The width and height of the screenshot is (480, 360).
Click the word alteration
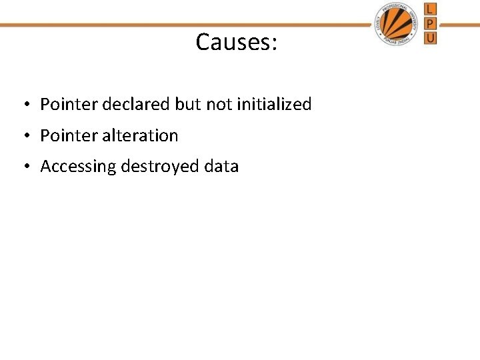tap(141, 135)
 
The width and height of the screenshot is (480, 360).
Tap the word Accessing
tap(78, 167)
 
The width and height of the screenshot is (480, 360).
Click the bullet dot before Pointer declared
tap(23, 105)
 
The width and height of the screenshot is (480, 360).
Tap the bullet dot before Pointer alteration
tap(23, 136)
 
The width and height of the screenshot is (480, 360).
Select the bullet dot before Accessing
tap(23, 167)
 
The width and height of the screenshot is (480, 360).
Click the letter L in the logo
tap(431, 9)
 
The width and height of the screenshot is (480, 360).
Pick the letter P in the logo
tap(431, 23)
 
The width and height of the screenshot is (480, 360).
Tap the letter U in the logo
tap(431, 38)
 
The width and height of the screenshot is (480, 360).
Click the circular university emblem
tap(399, 24)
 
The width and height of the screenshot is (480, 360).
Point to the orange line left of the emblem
tap(187, 25)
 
